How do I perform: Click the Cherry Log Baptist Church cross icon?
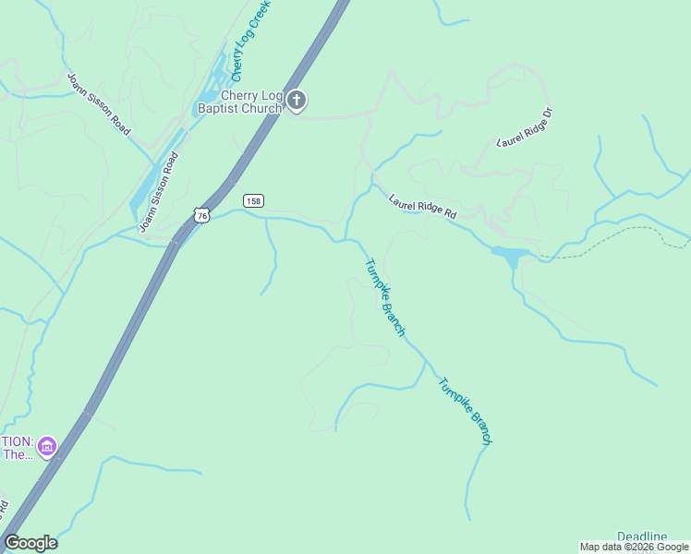coord(296,99)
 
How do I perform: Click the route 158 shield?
coord(253,200)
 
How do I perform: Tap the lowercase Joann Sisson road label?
coord(158,191)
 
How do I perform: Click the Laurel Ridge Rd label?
coord(423,206)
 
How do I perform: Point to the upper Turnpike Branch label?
coord(384,297)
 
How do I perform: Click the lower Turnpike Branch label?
coord(464,412)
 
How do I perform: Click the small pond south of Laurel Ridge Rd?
coord(511,253)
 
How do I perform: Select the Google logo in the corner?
coord(30,543)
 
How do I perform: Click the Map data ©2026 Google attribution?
coord(634,547)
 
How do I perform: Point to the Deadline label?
coord(642,536)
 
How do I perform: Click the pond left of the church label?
coord(207,95)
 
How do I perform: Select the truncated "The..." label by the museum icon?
coord(17,453)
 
